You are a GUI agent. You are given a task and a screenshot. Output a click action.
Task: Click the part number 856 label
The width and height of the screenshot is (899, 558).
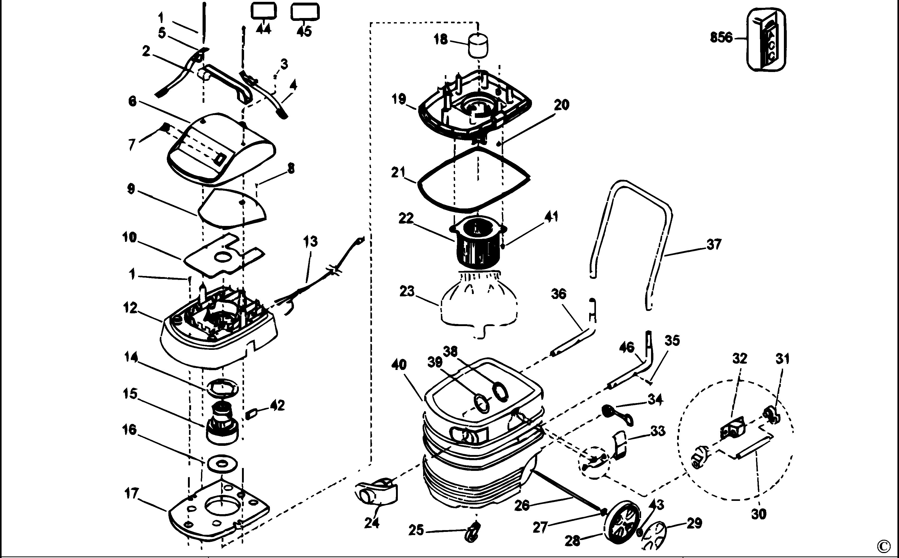click(721, 38)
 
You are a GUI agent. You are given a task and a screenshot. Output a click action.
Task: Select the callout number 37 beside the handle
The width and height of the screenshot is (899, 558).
click(714, 244)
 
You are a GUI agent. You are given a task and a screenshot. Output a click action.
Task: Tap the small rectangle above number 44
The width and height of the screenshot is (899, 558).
click(264, 11)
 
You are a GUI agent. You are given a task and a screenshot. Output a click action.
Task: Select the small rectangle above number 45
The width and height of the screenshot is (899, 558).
click(305, 11)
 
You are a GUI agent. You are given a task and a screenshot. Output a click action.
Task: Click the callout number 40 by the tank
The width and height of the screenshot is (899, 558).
click(399, 365)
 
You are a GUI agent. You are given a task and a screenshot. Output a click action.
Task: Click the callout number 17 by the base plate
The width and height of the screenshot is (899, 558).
click(132, 493)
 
